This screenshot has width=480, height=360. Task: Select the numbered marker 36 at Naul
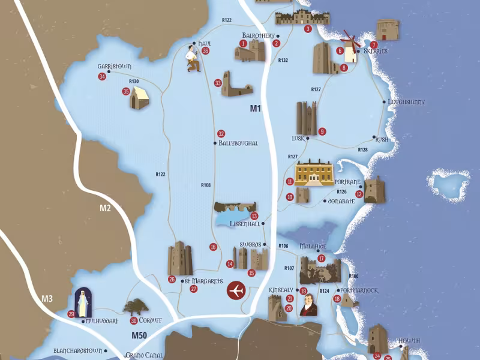(x=206, y=51)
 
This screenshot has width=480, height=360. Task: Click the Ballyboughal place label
(x=238, y=143)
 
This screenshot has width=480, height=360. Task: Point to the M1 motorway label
(x=256, y=109)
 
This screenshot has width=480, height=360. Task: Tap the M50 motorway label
(x=139, y=335)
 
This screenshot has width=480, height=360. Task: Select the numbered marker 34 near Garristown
(x=103, y=76)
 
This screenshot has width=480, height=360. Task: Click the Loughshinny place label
(x=406, y=102)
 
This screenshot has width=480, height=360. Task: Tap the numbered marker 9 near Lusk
(x=322, y=131)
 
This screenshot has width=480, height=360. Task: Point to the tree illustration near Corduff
(x=136, y=307)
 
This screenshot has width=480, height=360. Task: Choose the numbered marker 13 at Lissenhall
(x=254, y=216)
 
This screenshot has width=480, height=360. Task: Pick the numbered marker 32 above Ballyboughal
(x=221, y=133)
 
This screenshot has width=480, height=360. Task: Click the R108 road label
(x=206, y=185)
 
